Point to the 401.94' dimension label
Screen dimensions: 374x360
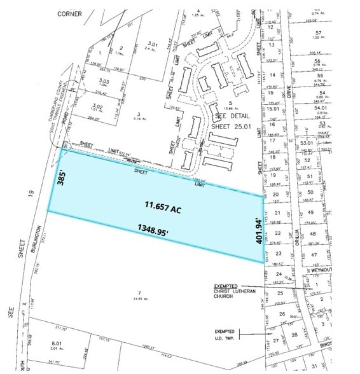pos(259,231)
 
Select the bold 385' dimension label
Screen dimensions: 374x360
pos(61,177)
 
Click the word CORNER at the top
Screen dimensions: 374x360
pos(69,13)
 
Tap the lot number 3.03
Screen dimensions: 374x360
pos(104,81)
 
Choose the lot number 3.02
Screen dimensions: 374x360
pos(97,106)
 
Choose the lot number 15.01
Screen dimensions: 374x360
pos(273,109)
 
